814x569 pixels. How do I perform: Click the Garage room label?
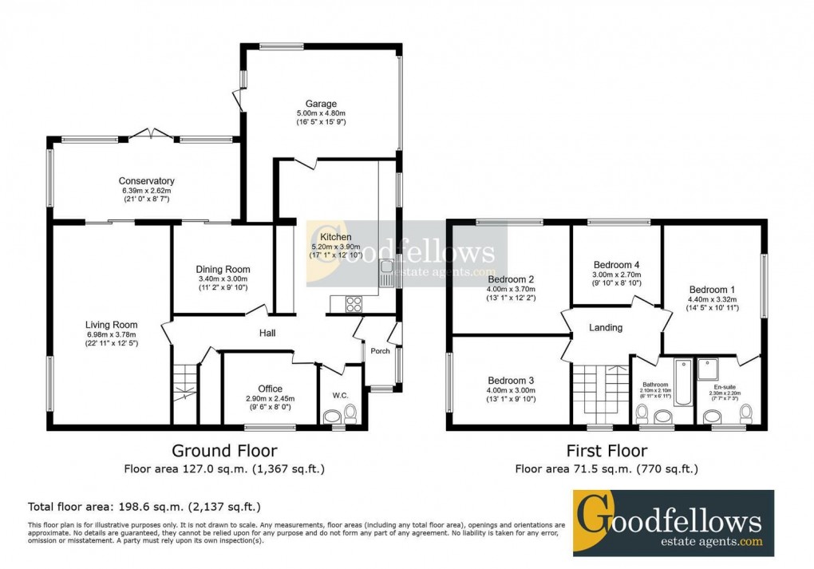(x=320, y=104)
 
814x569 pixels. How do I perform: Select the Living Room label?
(x=112, y=325)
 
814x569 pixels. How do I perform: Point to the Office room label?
(x=271, y=389)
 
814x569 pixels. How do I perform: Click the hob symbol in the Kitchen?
(x=352, y=304)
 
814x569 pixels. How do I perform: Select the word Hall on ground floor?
(x=267, y=334)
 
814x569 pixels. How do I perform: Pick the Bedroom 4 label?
(x=617, y=265)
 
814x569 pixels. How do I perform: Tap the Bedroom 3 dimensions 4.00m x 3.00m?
(x=513, y=390)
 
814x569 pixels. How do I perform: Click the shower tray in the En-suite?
(x=708, y=369)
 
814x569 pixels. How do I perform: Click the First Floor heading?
(x=607, y=451)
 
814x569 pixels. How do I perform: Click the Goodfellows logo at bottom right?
(x=674, y=523)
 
